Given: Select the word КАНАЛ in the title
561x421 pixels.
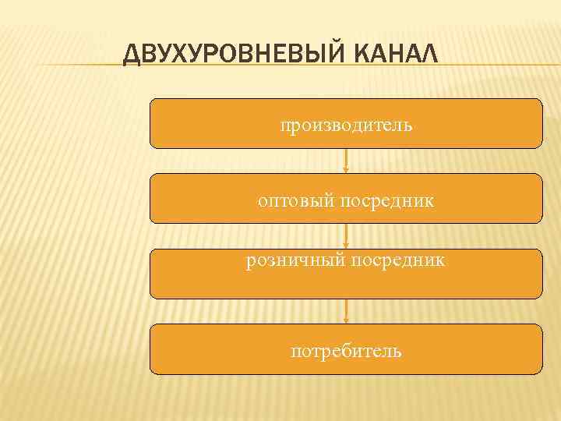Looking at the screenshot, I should click(x=397, y=55).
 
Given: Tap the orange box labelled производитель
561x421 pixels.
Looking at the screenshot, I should click(x=346, y=123).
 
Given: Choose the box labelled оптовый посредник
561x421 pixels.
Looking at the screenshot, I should click(x=346, y=199).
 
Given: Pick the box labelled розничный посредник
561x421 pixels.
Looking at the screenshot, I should click(x=346, y=274).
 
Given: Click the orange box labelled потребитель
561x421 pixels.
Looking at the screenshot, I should click(x=346, y=349).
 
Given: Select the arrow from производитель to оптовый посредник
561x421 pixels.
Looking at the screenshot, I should click(x=346, y=161).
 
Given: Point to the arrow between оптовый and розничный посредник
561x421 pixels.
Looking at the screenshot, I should click(x=346, y=235).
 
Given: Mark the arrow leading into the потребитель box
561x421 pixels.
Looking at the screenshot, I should click(x=346, y=311).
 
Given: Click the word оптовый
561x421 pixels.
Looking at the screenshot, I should click(x=295, y=202).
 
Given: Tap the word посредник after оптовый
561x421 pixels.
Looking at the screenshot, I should click(x=386, y=202).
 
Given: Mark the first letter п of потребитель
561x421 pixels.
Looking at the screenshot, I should click(x=295, y=352).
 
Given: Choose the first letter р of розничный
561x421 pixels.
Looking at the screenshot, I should click(x=251, y=262).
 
